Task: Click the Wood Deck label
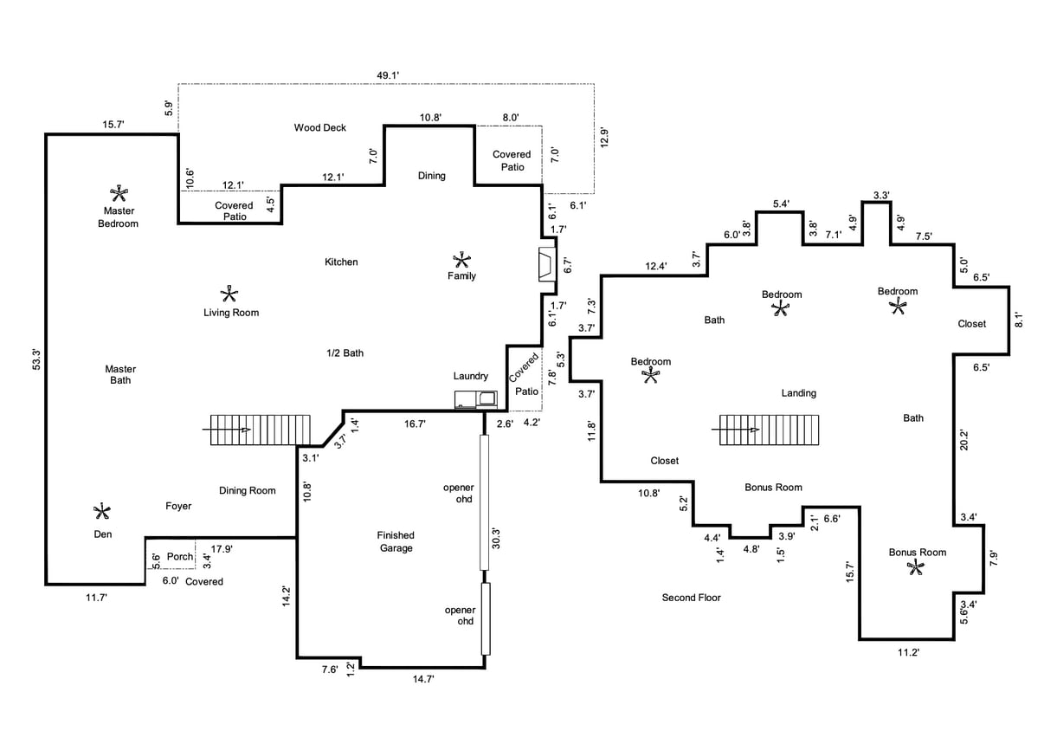[x=319, y=128]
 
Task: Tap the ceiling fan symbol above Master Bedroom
[x=119, y=192]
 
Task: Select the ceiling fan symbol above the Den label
[x=102, y=511]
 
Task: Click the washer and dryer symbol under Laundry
[x=476, y=399]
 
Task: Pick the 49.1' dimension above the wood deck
[x=387, y=75]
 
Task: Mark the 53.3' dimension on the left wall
[x=35, y=358]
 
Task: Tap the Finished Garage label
[x=396, y=541]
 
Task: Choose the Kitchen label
[x=341, y=262]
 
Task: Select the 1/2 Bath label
[x=345, y=353]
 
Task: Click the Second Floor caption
[x=691, y=598]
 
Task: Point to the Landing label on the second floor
[x=798, y=393]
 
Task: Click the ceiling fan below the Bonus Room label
[x=916, y=568]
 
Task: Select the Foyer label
[x=178, y=506]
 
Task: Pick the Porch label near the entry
[x=180, y=557]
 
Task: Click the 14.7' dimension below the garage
[x=422, y=680]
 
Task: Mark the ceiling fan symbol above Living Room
[x=229, y=294]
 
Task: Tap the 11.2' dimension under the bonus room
[x=907, y=652]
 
